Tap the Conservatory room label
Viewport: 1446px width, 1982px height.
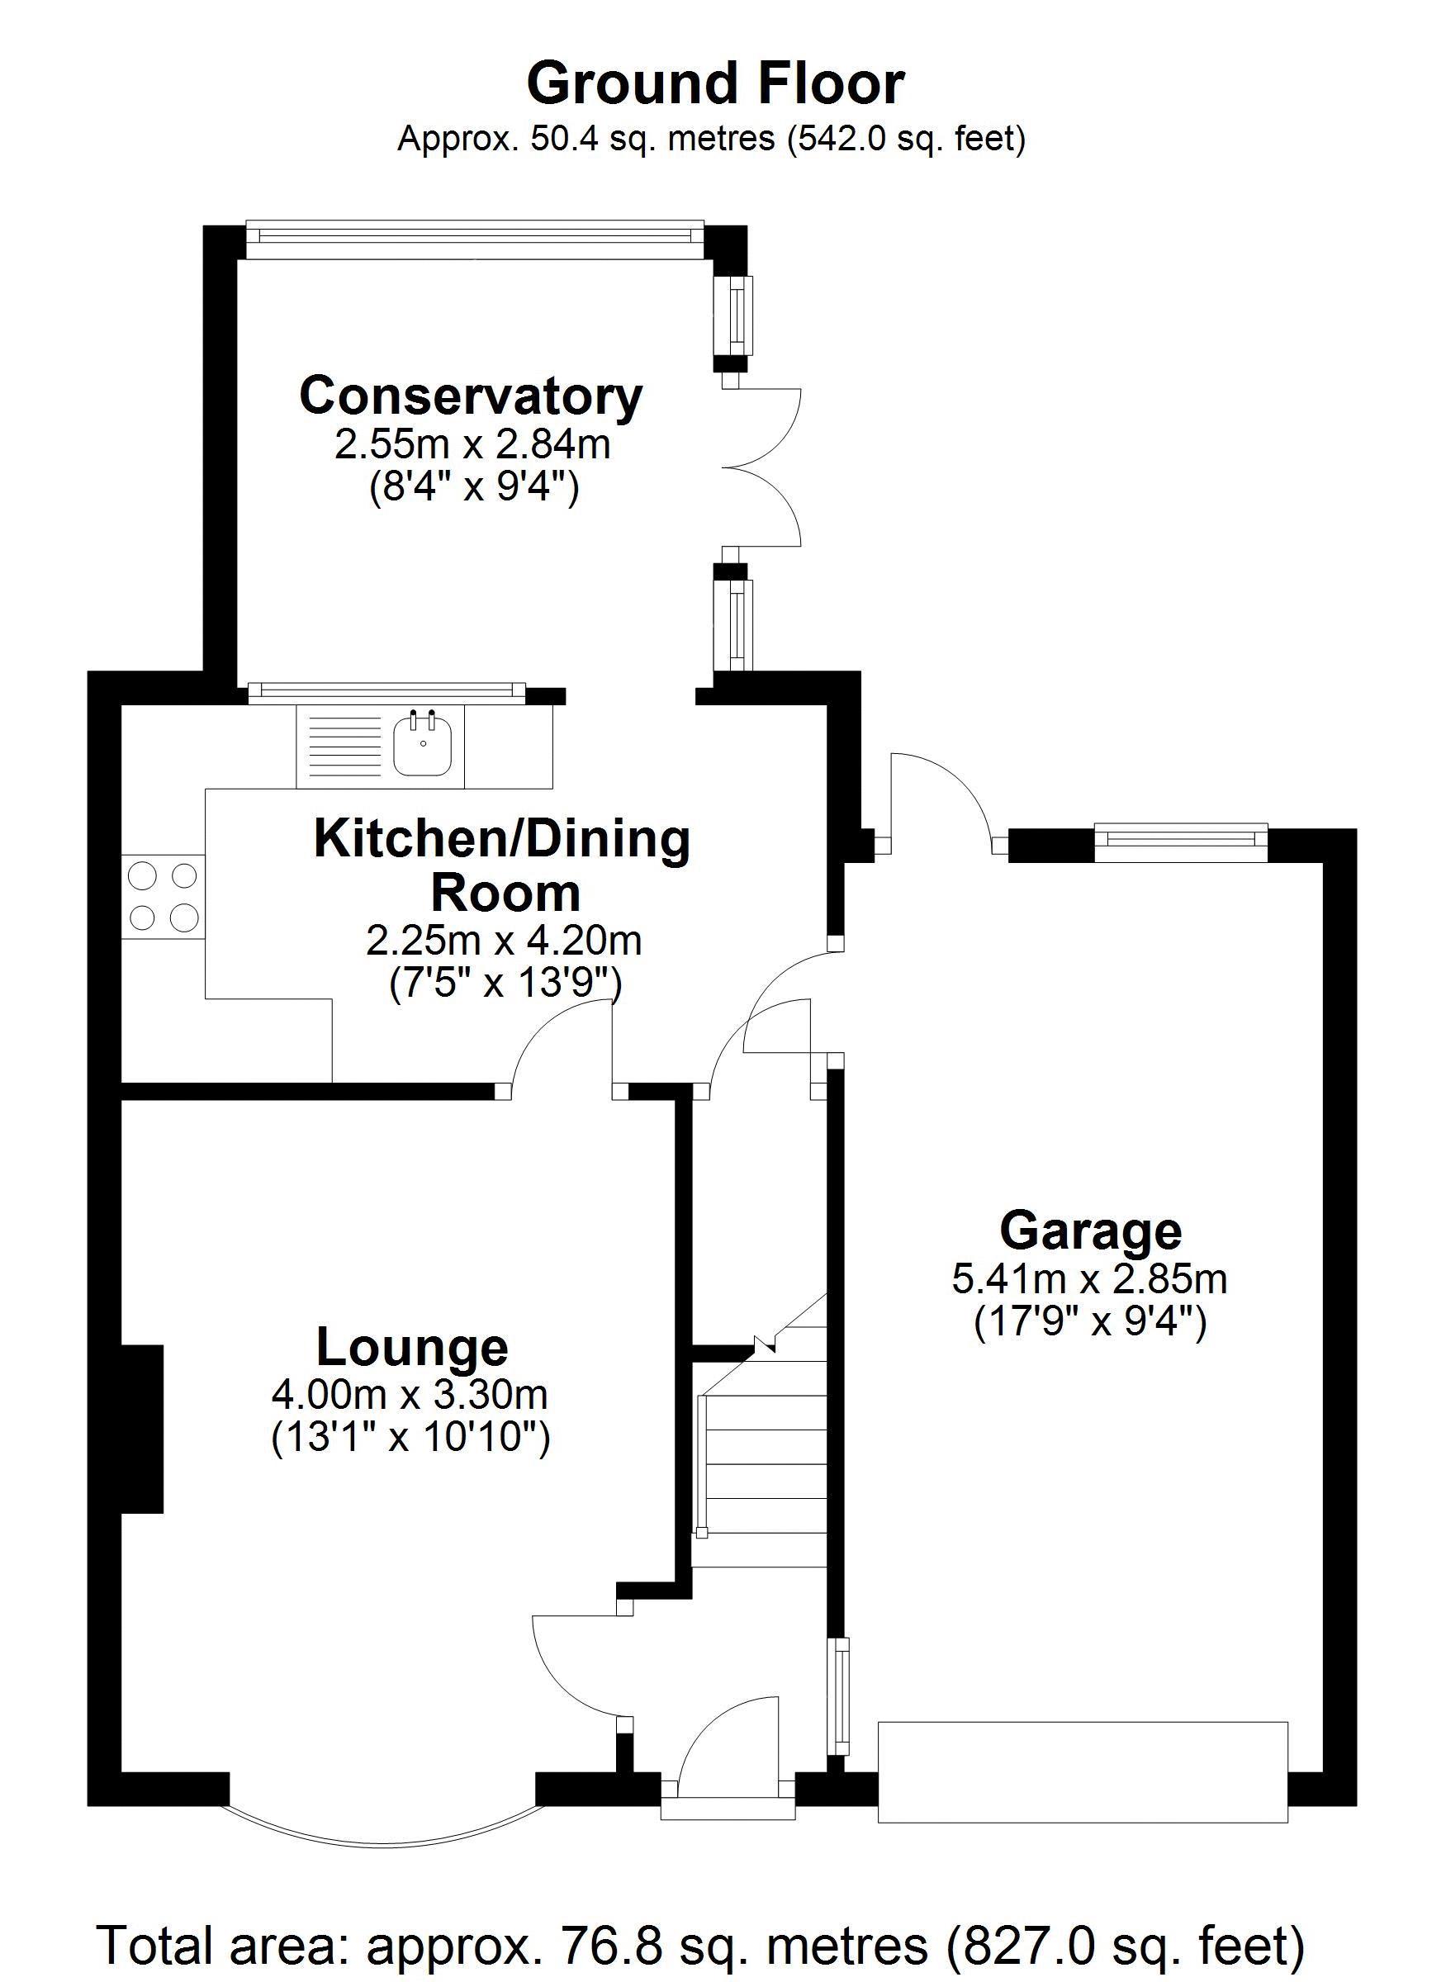coord(471,396)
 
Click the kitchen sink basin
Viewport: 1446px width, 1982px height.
coord(422,745)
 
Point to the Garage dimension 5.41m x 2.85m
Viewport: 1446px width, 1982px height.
coord(1090,1279)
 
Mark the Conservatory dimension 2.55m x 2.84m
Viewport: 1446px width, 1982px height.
coord(472,445)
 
